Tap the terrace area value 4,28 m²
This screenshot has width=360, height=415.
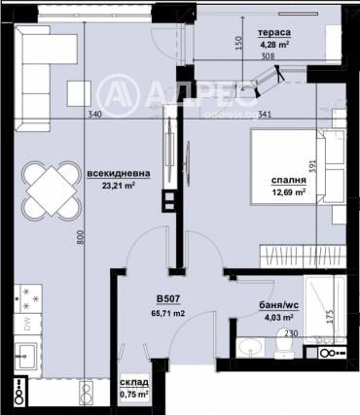click(x=275, y=44)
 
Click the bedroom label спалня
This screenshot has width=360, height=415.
click(x=289, y=180)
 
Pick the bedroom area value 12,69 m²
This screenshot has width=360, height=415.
click(x=289, y=192)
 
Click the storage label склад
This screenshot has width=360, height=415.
click(x=133, y=383)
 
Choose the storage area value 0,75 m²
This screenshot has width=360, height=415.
click(x=133, y=395)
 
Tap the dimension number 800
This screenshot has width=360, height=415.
click(x=81, y=233)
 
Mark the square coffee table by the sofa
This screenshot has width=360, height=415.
click(x=78, y=93)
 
